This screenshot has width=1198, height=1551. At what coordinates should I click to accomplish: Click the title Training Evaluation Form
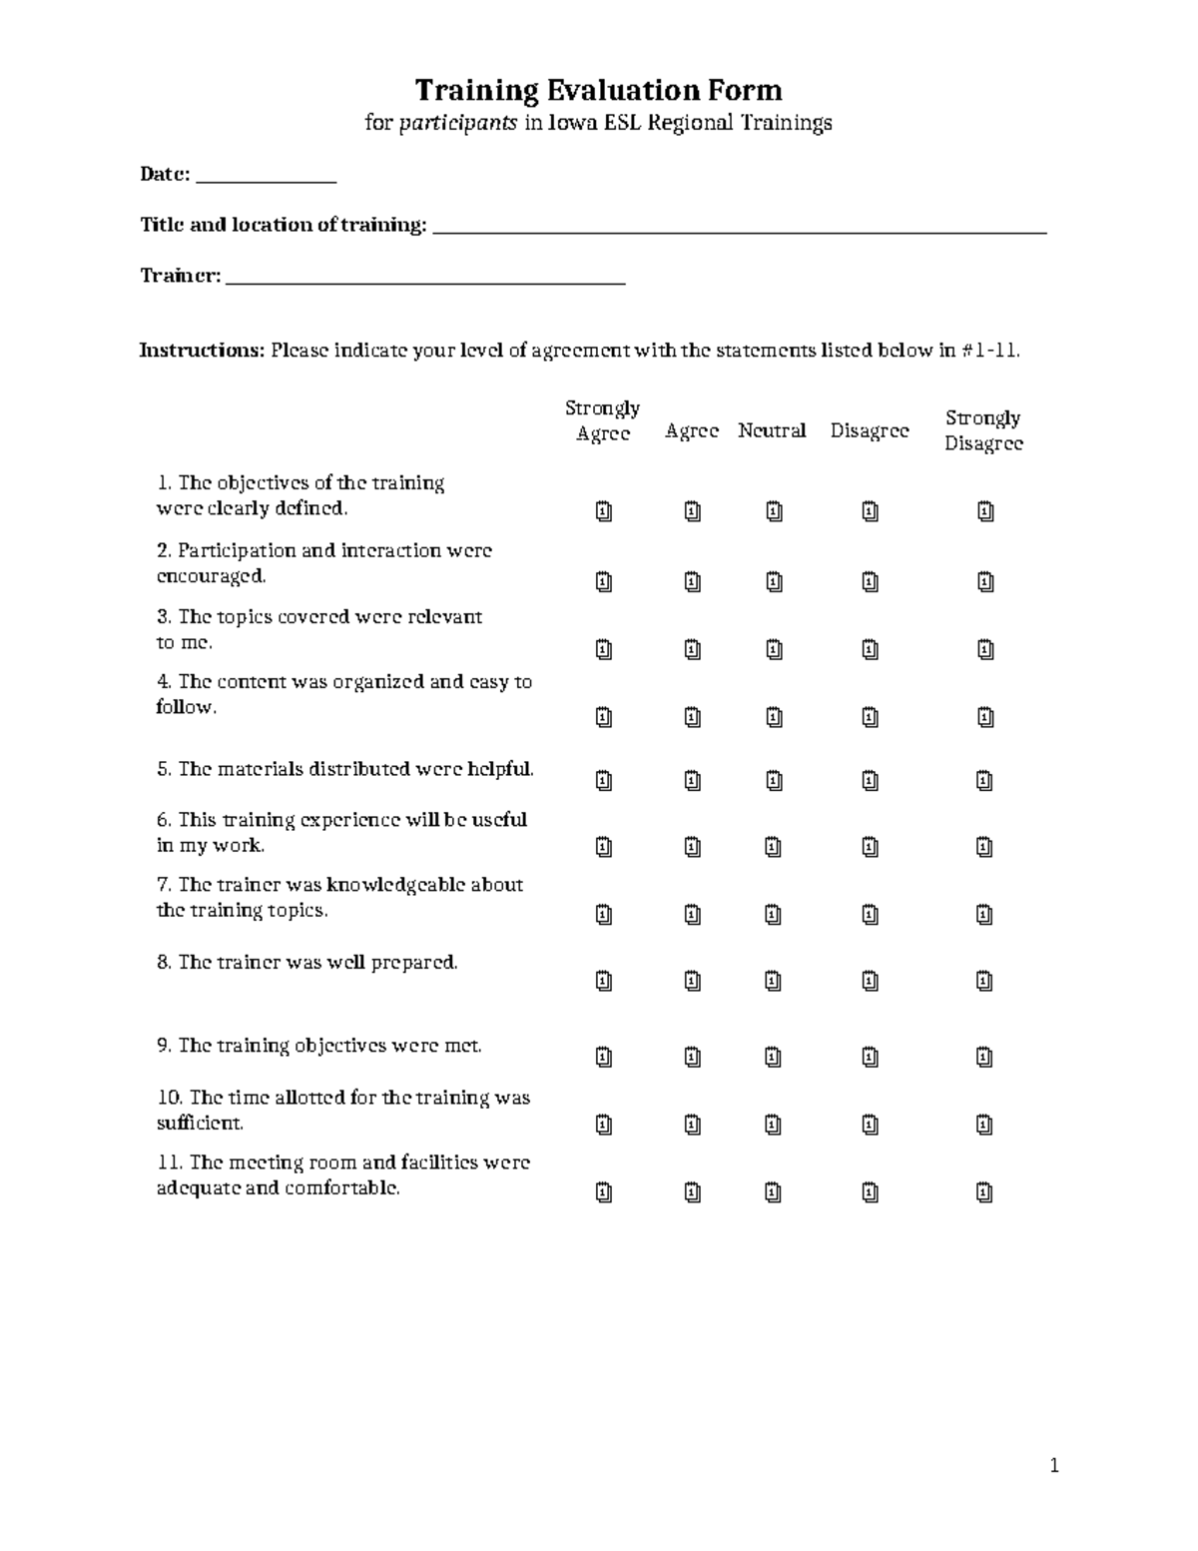(x=598, y=91)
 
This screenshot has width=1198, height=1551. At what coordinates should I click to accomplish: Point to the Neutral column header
(x=772, y=431)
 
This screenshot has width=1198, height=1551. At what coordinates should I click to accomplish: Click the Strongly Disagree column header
(x=983, y=430)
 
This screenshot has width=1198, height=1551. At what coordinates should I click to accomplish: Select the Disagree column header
(x=870, y=431)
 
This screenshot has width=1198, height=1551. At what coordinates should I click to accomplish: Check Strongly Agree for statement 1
(x=604, y=511)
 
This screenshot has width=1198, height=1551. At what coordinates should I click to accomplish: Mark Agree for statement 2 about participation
(x=693, y=581)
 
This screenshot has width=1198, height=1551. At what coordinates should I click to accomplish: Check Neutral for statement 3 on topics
(x=774, y=650)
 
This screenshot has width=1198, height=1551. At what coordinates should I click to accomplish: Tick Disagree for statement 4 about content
(x=870, y=717)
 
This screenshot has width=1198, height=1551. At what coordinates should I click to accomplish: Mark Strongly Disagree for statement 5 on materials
(x=984, y=781)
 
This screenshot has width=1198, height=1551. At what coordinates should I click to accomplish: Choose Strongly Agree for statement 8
(x=604, y=982)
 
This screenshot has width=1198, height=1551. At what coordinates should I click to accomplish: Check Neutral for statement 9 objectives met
(x=773, y=1057)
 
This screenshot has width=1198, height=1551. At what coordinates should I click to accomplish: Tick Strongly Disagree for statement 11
(x=984, y=1192)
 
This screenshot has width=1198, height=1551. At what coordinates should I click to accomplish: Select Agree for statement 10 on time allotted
(x=693, y=1126)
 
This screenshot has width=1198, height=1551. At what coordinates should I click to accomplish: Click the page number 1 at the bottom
(x=1053, y=1466)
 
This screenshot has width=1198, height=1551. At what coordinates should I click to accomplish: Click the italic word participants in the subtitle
(x=458, y=123)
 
